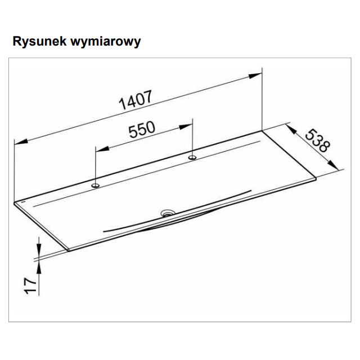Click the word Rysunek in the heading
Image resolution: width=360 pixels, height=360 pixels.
[39, 41]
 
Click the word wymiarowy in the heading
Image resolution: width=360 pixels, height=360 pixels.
[106, 42]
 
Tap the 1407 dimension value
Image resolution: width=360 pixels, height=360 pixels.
[136, 100]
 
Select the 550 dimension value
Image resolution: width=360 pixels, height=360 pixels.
[142, 129]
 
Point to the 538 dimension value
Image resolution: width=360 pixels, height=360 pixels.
[317, 141]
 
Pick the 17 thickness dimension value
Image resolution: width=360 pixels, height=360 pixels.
[30, 285]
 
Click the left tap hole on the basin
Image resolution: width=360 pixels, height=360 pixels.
[96, 185]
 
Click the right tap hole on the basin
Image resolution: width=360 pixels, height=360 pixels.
[192, 157]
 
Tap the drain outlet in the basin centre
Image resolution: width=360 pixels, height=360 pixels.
[168, 213]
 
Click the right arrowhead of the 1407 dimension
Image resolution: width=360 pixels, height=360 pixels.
[255, 75]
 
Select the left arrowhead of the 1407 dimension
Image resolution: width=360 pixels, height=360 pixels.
[21, 141]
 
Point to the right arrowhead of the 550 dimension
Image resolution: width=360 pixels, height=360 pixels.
[186, 127]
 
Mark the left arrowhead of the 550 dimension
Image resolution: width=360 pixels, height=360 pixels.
[102, 148]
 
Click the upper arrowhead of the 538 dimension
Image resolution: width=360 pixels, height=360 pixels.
[291, 129]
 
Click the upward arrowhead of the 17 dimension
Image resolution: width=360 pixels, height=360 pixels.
[39, 267]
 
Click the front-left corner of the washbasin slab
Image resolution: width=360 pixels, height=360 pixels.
[69, 250]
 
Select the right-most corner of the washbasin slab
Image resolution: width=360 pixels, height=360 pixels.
[316, 178]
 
